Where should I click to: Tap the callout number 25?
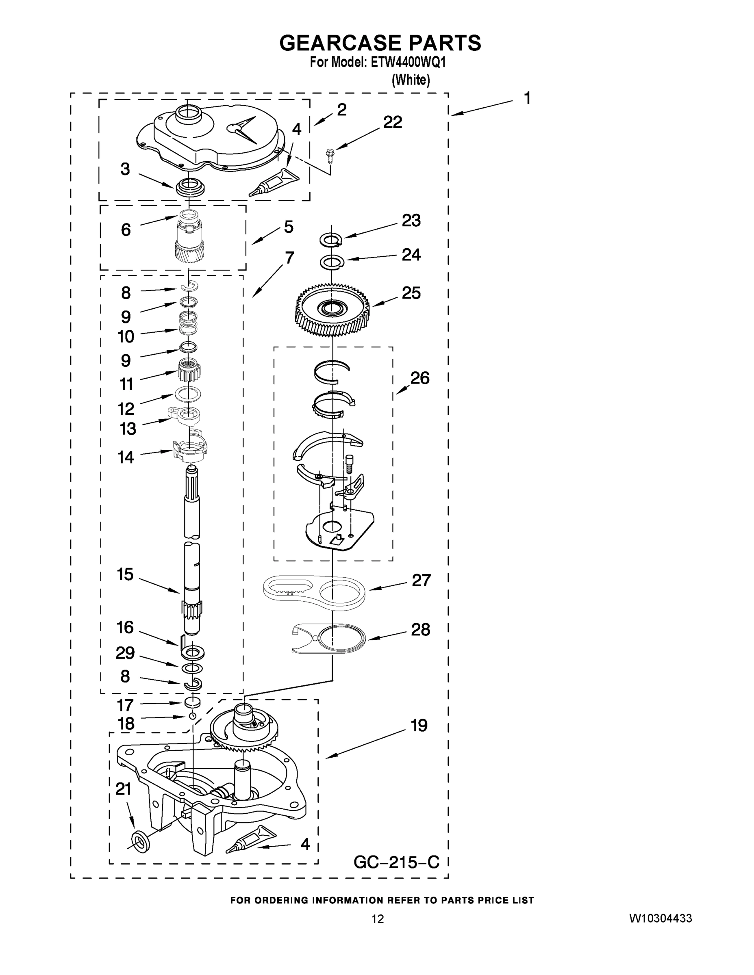pos(411,293)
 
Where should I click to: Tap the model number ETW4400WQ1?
pos(408,62)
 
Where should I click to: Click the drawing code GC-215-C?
pos(396,862)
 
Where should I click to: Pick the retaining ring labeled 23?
pos(331,240)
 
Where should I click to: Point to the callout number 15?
pos(125,574)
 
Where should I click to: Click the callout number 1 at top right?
pos(527,98)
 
